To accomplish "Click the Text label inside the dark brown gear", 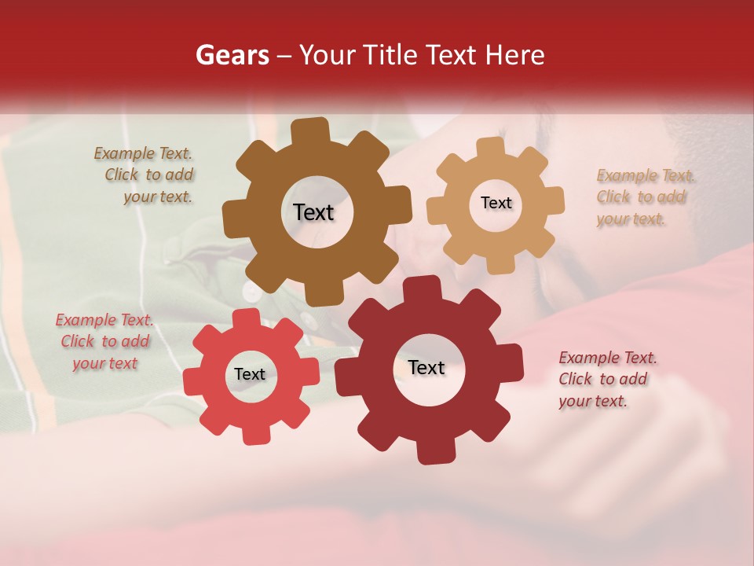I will (313, 212).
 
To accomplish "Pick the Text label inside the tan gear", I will (496, 203).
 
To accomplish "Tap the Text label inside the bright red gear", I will (250, 374).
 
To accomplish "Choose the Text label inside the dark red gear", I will (426, 367).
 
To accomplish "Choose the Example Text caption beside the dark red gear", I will (606, 379).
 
